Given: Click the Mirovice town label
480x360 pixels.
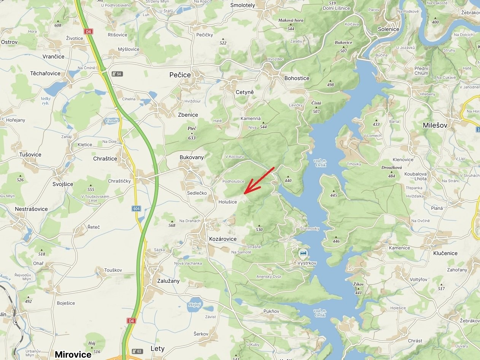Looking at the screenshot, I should pos(73,354).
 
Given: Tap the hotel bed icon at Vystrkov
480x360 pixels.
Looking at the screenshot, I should pos(303,253).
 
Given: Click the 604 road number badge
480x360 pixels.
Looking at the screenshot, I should pos(137,208).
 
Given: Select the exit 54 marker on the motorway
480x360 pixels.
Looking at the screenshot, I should pos(117,74).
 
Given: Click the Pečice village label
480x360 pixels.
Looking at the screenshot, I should pos(180,75).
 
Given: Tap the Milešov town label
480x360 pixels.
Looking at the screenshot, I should pos(435,125).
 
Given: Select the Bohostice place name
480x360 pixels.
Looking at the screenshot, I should pos(297,78).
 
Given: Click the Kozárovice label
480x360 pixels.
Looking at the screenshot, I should pos(223,239).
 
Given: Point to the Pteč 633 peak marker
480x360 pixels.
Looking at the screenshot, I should pos(192,133).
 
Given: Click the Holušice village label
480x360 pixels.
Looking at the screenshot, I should pos(228,202).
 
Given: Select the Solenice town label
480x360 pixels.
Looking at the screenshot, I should pos(388,29).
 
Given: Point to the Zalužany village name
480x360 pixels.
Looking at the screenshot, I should pos(168,281).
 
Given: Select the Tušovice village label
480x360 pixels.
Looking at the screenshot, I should pos(30,155).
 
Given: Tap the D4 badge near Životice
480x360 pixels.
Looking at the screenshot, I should pos(88,31).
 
